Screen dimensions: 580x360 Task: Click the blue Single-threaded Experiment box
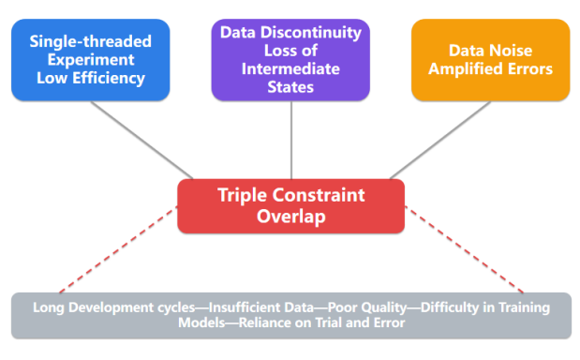pos(91,60)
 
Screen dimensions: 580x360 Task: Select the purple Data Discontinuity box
pos(290,60)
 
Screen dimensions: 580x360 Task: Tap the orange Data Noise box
pos(490,60)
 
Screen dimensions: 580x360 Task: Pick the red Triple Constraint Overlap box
pos(291,206)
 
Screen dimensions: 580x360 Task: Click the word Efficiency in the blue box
pos(109,79)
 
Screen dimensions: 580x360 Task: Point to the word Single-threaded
pos(91,41)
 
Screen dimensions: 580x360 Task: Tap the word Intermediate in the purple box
pos(290,68)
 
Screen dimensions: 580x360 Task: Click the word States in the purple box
pos(290,87)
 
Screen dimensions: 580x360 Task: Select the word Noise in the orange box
pos(512,51)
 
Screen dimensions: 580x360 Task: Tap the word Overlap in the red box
pos(291,217)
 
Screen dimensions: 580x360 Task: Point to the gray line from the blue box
pos(142,141)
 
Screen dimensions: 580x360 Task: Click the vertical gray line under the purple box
pos(291,140)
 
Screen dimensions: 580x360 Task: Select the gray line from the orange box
pos(440,141)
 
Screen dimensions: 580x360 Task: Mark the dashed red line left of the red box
pos(118,249)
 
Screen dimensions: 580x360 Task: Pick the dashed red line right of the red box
pos(464,249)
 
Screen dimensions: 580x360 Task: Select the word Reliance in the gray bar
pos(265,323)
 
